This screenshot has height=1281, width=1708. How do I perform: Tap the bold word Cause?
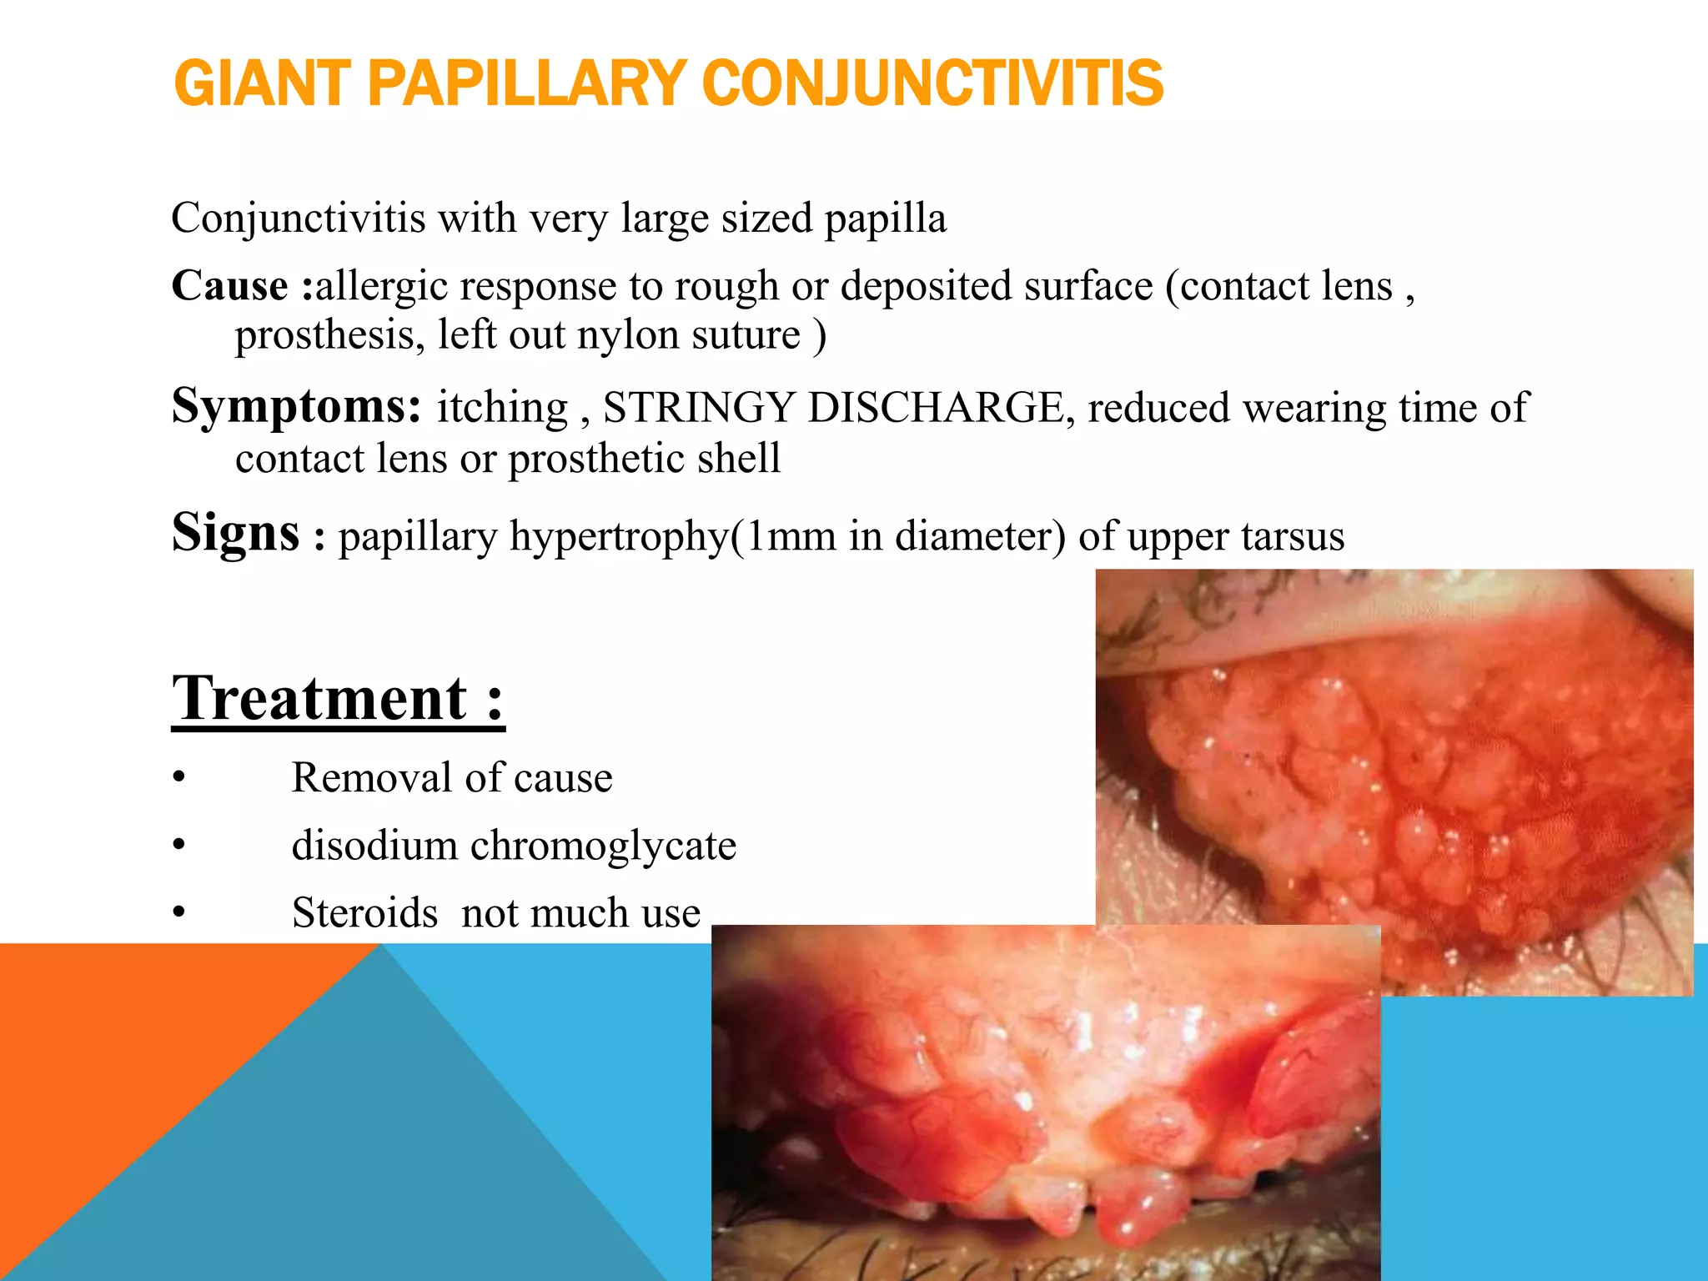point(229,285)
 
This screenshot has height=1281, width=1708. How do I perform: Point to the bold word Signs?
point(235,533)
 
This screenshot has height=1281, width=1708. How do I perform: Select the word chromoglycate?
point(603,846)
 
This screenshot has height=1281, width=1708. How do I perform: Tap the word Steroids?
point(364,912)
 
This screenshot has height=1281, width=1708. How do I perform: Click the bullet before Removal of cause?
point(178,778)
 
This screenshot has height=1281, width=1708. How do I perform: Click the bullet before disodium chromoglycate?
point(178,846)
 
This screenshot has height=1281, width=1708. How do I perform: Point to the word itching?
point(502,408)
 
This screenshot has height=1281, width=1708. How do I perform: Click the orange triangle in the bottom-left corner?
point(125,1084)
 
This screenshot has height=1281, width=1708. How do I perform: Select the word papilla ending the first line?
point(885,219)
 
